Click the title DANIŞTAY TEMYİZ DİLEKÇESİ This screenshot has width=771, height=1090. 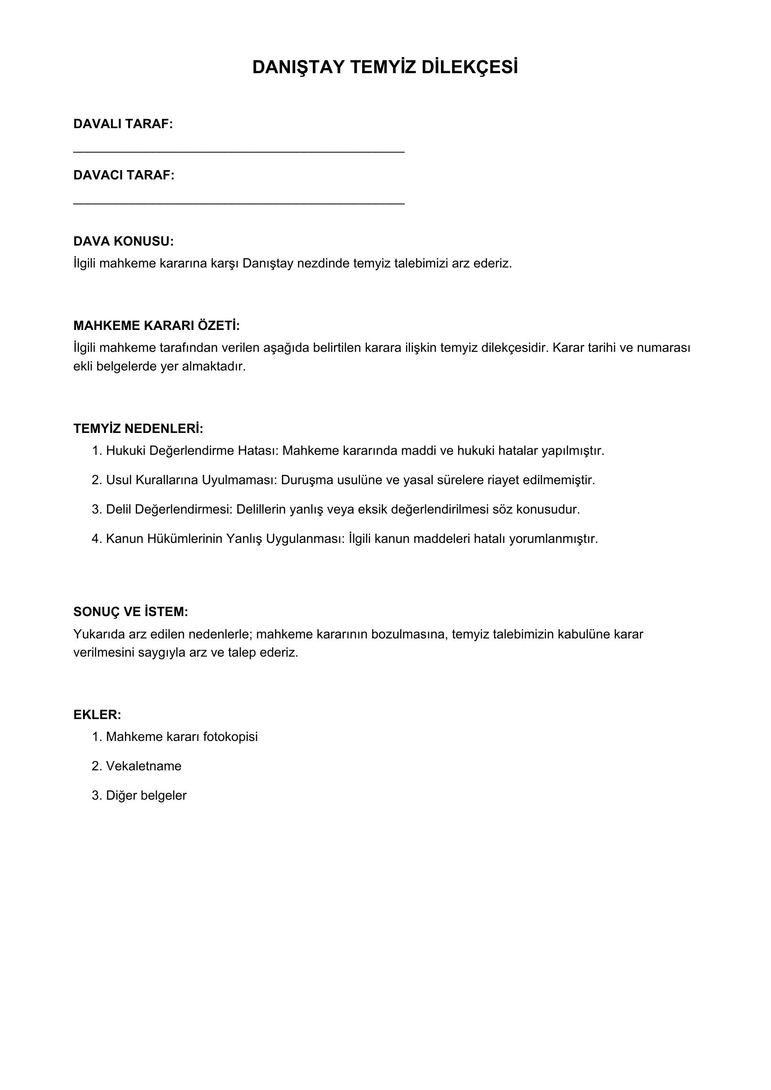click(x=385, y=68)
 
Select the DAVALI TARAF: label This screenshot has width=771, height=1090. click(x=123, y=124)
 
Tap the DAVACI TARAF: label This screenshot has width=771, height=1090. click(x=124, y=175)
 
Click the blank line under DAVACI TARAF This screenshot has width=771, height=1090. click(x=239, y=203)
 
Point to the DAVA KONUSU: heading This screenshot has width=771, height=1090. click(x=124, y=241)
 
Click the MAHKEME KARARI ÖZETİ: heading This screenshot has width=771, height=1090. click(x=157, y=326)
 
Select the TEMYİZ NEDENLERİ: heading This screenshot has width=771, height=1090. click(x=138, y=429)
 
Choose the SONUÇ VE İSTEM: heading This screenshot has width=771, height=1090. click(x=131, y=612)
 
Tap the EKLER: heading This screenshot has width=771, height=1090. click(x=97, y=715)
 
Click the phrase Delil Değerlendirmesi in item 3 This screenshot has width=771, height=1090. click(x=168, y=509)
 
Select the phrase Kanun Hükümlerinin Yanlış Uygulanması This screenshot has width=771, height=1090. click(x=224, y=539)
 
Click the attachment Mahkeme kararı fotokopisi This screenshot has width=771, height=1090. click(x=182, y=737)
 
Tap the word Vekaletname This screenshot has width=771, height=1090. click(x=144, y=766)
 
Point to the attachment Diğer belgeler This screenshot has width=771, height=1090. click(x=146, y=795)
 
